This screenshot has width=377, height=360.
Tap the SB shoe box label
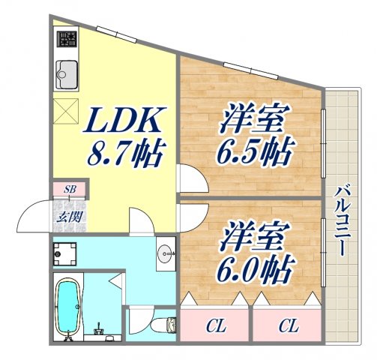coord(70,187)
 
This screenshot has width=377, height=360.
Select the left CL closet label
coord(214,326)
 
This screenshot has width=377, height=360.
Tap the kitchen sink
coord(66,73)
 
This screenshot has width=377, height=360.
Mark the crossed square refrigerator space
coord(67,114)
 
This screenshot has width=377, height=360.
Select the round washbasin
coord(166,253)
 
